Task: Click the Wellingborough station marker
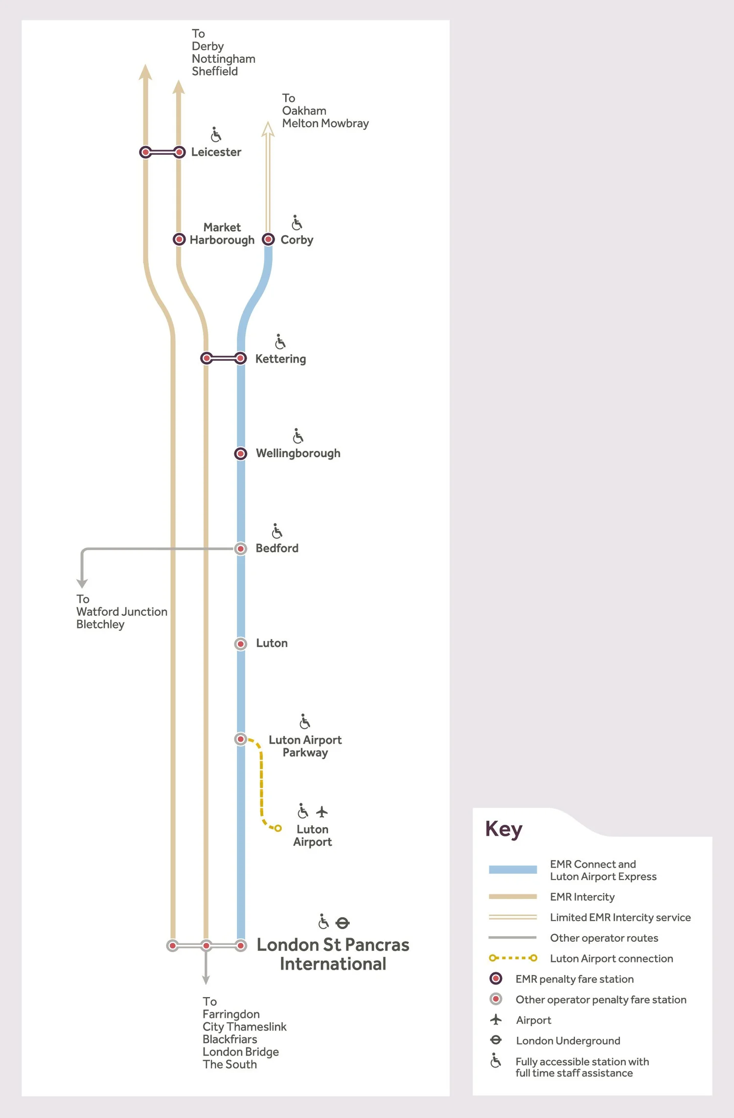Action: coord(240,454)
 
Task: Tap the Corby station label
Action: coord(297,240)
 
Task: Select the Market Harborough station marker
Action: coord(179,239)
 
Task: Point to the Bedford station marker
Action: coord(240,549)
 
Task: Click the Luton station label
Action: coord(272,643)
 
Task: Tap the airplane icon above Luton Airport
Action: coord(321,812)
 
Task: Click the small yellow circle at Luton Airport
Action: coord(278,828)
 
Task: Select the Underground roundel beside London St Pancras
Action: coord(343,923)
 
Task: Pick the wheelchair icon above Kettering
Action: coord(280,341)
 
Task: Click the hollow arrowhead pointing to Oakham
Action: coord(268,129)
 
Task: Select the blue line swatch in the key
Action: coord(512,870)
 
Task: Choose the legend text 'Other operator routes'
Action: coord(604,938)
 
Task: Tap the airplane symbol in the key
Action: coord(496,1020)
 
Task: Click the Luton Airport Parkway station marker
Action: coord(240,739)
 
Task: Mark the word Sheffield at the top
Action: coord(215,71)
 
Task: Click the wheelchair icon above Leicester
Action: coord(216,134)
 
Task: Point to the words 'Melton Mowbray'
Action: coord(325,123)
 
